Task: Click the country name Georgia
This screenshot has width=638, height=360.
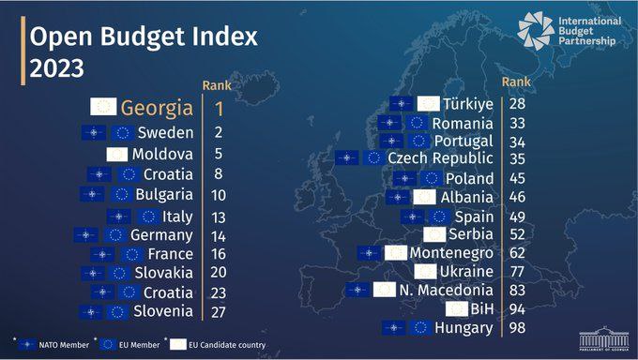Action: (x=157, y=108)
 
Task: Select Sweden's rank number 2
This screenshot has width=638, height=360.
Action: (x=219, y=132)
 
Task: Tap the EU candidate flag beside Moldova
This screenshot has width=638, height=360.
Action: (x=116, y=154)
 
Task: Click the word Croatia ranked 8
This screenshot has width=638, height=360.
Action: (x=168, y=174)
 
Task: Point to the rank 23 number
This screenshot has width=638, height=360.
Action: (x=219, y=292)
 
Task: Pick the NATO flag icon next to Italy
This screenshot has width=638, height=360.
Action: (x=119, y=217)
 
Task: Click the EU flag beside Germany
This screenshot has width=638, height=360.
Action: (x=115, y=235)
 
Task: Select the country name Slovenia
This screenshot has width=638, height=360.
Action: (x=163, y=311)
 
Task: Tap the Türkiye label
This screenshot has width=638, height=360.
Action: (x=468, y=104)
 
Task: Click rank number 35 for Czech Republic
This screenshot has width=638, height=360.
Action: (x=517, y=158)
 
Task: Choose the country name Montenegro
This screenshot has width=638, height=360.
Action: (x=451, y=253)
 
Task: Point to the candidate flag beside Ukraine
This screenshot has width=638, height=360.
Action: (x=425, y=272)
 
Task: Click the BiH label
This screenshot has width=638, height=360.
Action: (x=481, y=309)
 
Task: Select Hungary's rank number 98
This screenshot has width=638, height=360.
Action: (x=517, y=327)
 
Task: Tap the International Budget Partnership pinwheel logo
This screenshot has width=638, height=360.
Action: (x=536, y=31)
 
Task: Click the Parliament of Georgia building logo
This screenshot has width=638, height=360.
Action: (x=604, y=338)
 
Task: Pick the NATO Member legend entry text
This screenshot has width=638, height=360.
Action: (x=64, y=345)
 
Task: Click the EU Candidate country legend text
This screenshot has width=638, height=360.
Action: (x=227, y=345)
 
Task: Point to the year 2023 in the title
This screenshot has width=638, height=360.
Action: (x=56, y=67)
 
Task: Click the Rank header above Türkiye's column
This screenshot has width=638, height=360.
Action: (x=516, y=82)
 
